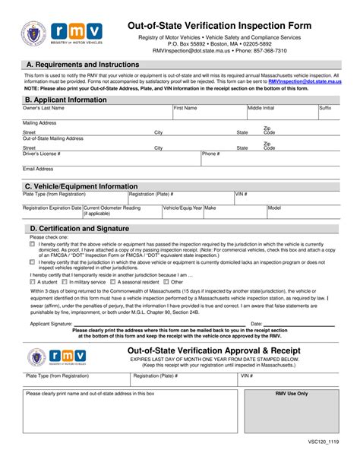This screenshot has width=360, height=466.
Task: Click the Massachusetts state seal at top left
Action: pos(35,34)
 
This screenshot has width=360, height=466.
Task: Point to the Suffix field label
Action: pos(325,109)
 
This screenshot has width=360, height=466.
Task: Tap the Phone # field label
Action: pos(211,153)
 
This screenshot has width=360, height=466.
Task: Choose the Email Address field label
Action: pos(39,169)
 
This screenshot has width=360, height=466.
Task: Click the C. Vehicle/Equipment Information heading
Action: pos(81,186)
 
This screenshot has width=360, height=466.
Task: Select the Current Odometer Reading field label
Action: pos(112,208)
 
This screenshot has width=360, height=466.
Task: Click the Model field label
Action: pos(275,208)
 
